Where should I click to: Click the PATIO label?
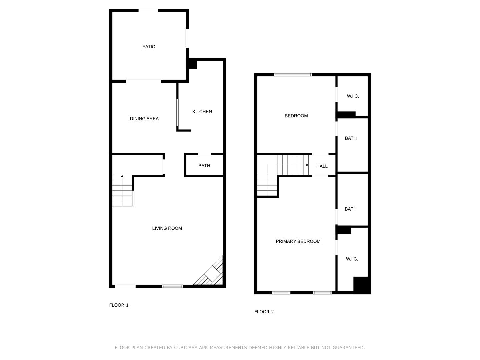tap(149, 47)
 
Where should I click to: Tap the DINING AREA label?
tap(144, 119)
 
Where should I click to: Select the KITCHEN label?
tap(202, 112)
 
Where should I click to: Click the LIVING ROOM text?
tap(167, 228)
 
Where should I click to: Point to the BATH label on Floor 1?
tap(204, 166)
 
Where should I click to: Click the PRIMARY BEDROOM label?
tap(298, 241)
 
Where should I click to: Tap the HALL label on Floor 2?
tap(322, 166)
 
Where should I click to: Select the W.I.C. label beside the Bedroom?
tap(353, 96)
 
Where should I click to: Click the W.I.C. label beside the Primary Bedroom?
tap(352, 259)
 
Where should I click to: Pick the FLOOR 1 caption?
tap(119, 305)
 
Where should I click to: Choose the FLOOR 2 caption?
tap(264, 312)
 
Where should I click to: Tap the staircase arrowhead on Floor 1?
tap(122, 176)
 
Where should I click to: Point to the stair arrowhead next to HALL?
tap(307, 165)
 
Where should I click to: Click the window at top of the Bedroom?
tap(293, 75)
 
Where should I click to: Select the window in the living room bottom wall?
tap(172, 286)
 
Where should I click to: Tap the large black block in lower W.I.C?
tap(362, 285)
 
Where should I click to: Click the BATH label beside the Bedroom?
tap(351, 138)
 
